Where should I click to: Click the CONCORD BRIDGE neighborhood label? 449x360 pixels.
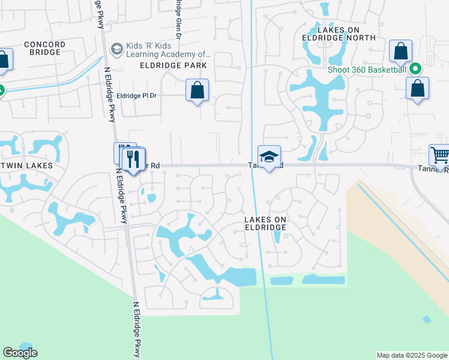[x=43, y=48]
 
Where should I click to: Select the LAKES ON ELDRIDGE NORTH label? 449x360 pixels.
[x=339, y=33]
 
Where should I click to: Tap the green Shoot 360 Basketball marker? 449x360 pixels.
[x=415, y=69]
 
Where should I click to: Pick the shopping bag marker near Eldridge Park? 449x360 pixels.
[x=197, y=91]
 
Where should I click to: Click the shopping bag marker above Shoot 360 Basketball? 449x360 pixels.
[x=400, y=52]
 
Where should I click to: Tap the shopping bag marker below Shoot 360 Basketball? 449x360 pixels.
[x=417, y=89]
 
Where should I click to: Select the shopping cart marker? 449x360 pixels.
[x=440, y=155]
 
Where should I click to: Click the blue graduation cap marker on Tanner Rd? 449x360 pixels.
[x=270, y=157]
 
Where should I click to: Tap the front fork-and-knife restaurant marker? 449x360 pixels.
[x=133, y=159]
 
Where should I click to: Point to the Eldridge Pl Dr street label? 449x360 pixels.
[x=136, y=95]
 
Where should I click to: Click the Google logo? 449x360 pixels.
[x=20, y=353]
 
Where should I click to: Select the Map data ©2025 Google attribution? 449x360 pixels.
[x=412, y=355]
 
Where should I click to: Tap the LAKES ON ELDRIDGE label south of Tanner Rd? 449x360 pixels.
[x=265, y=223]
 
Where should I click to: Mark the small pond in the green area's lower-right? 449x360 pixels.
[x=426, y=319]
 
